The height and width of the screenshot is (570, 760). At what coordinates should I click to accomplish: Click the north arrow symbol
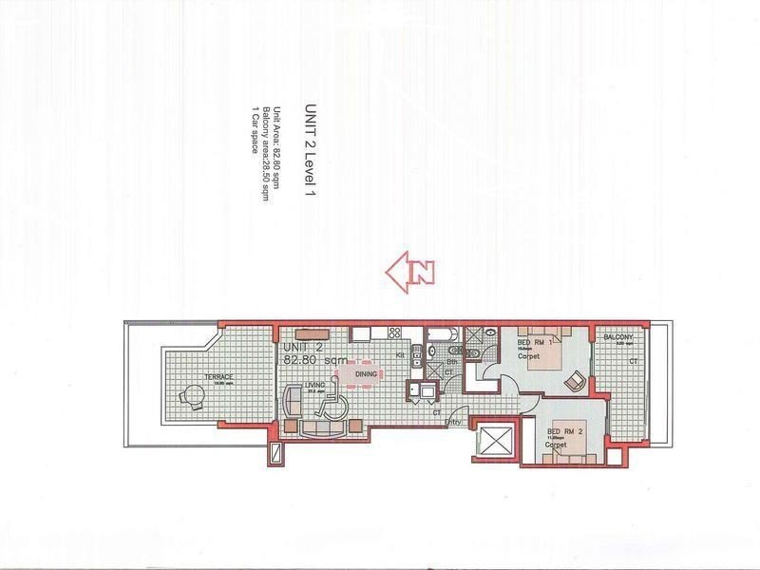tap(410, 271)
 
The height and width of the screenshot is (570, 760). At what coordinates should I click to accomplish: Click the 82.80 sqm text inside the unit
tap(314, 361)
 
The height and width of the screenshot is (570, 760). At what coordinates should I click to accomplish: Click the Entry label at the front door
tap(454, 422)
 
